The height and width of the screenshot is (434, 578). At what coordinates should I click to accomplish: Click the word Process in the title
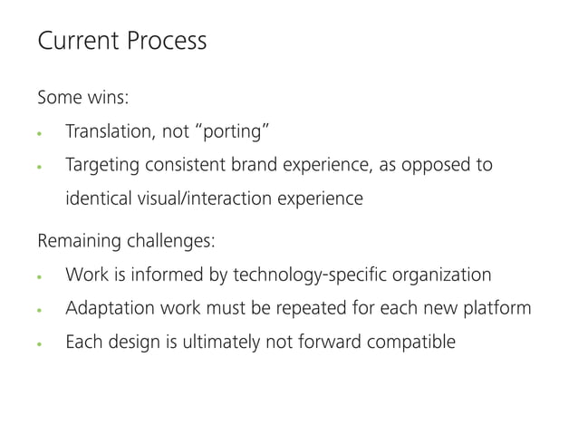(166, 42)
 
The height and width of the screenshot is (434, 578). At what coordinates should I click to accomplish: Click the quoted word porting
(231, 134)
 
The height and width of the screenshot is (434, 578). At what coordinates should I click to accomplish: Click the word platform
(496, 308)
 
